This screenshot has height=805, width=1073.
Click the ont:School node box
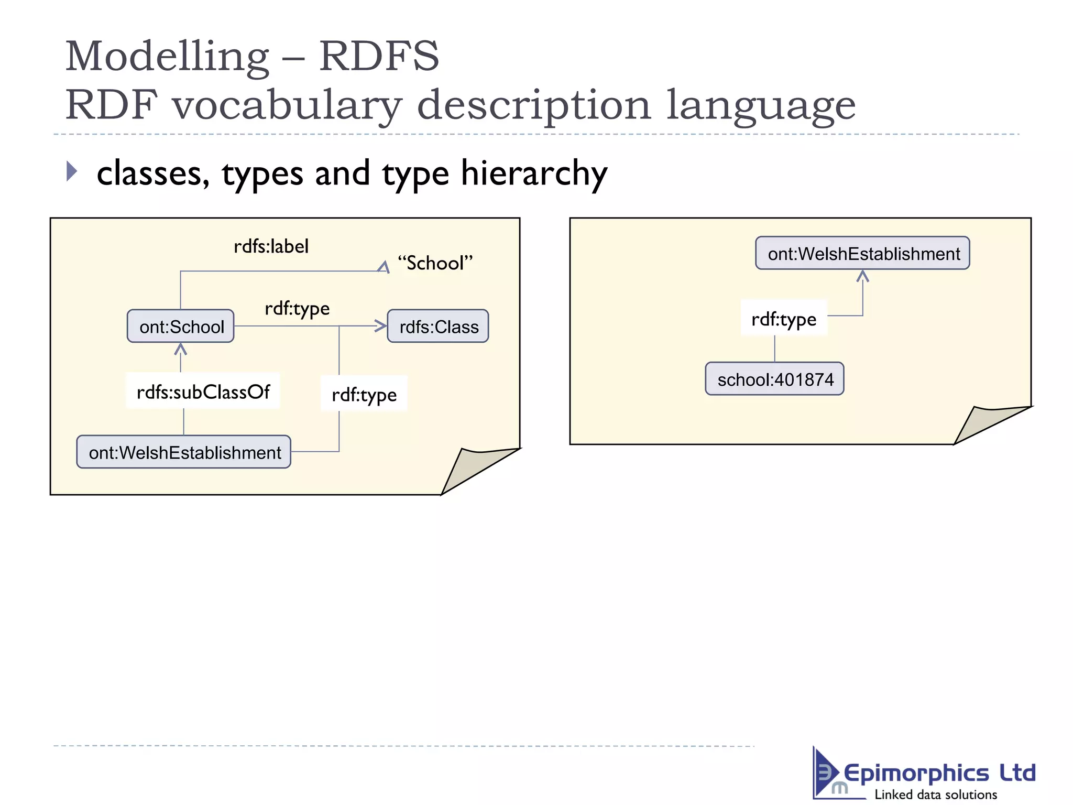pos(181,327)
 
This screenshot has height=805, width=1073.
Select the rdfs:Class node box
pos(438,327)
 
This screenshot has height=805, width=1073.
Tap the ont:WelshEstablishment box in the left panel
pos(184,452)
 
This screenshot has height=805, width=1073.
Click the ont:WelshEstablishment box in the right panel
pos(863,254)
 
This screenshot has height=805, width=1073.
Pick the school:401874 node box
pos(775,379)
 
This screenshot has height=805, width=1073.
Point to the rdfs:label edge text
pos(271,246)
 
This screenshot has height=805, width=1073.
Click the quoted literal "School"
pos(435,263)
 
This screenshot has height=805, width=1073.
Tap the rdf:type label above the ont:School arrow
pos(297,309)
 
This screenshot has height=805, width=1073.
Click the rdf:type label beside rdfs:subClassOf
pos(364,395)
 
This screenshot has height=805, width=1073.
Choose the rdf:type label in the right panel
pos(784,319)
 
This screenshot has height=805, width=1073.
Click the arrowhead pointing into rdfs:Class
pos(381,326)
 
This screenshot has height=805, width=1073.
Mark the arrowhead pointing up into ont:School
pos(181,349)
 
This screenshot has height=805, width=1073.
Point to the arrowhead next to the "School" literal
pos(384,267)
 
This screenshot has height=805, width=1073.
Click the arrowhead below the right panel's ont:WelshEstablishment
pos(863,276)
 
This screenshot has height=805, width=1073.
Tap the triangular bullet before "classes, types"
pos(72,171)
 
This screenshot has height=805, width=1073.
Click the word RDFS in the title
pos(379,56)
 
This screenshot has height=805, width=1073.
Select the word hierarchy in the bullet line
pos(534,173)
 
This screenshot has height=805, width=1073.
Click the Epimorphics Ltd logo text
pos(939,774)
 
